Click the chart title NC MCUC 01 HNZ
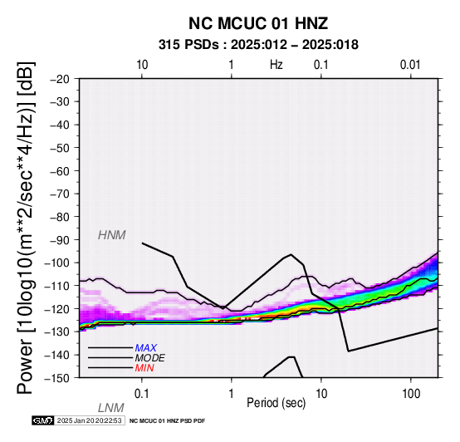tap(258, 23)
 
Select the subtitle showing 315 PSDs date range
tap(258, 45)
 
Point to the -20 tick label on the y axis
tap(60, 79)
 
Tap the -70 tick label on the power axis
tap(60, 194)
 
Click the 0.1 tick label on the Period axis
tap(142, 394)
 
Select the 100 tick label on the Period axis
tap(411, 394)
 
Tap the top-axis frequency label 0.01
tap(410, 65)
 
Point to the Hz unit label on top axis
tap(276, 65)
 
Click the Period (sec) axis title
tap(276, 403)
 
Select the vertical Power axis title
tap(25, 228)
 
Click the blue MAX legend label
tap(146, 348)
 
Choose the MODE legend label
tap(150, 358)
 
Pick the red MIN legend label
tap(144, 368)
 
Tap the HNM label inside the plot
tap(112, 235)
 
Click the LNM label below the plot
tap(111, 408)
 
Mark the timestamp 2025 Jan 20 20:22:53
tap(89, 420)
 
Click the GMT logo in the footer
tap(43, 420)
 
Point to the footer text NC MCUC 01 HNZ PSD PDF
tap(167, 421)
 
